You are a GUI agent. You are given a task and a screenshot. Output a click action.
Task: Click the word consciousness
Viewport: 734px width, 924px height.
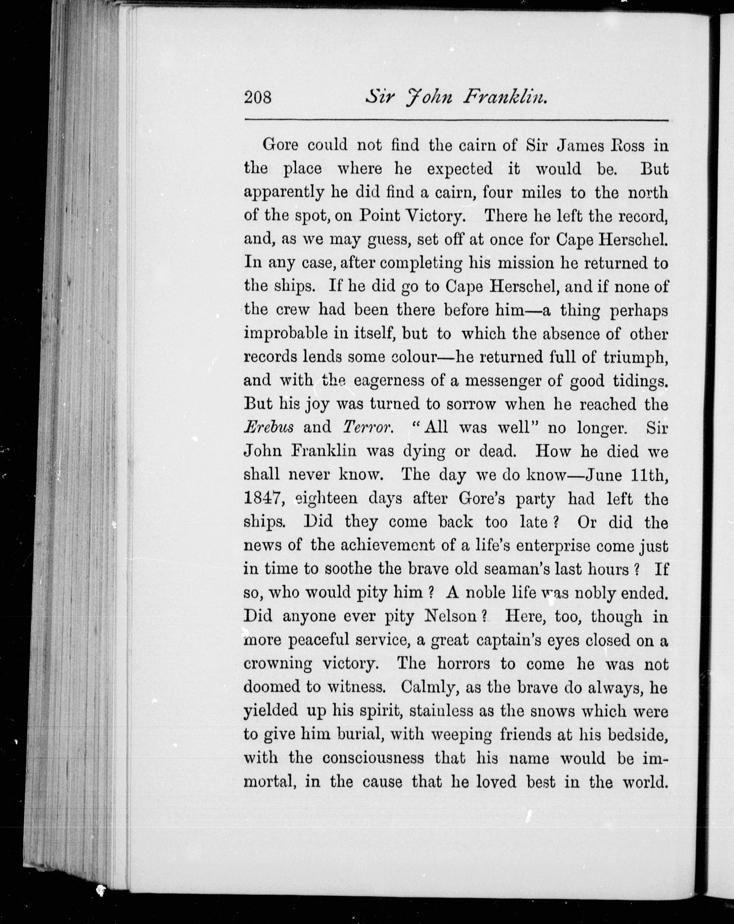[373, 758]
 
